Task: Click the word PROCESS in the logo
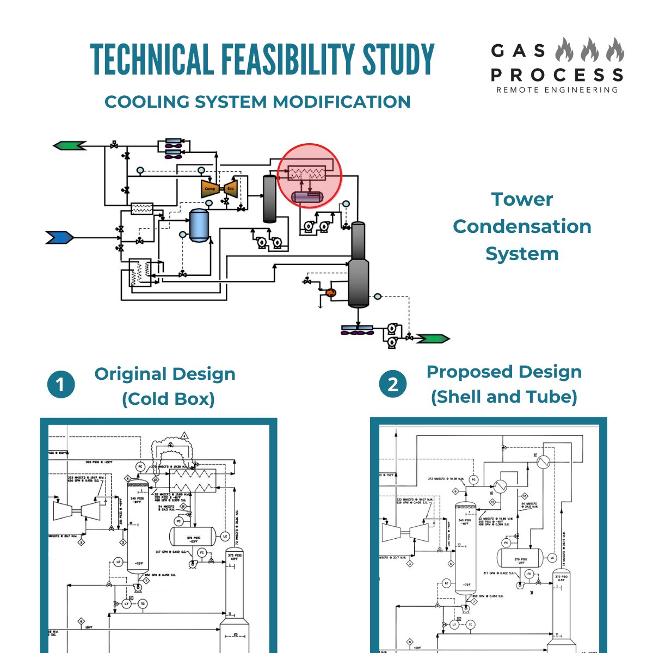tap(557, 75)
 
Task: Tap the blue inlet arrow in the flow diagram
tap(59, 237)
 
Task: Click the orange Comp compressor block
tap(210, 188)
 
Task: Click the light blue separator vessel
tap(199, 225)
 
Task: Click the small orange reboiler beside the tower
tap(330, 292)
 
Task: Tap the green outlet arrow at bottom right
tap(433, 339)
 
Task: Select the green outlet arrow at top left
tap(70, 145)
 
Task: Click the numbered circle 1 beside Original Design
tap(61, 385)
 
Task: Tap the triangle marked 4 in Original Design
tap(184, 436)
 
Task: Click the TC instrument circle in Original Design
tap(143, 604)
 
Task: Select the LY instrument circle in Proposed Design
tap(455, 624)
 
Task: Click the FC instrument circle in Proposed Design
tap(529, 574)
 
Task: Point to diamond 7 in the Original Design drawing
tap(146, 581)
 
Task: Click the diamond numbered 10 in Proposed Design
tap(525, 496)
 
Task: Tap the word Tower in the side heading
tap(522, 199)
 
